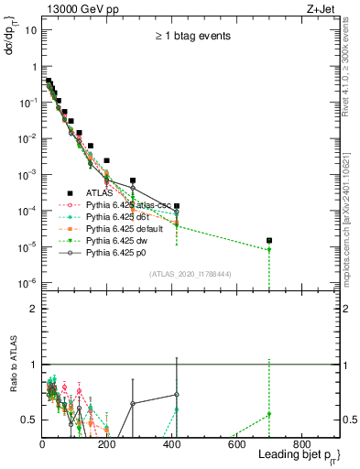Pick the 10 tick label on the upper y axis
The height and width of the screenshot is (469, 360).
point(29,30)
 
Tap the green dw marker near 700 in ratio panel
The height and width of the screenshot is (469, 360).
point(269,415)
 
